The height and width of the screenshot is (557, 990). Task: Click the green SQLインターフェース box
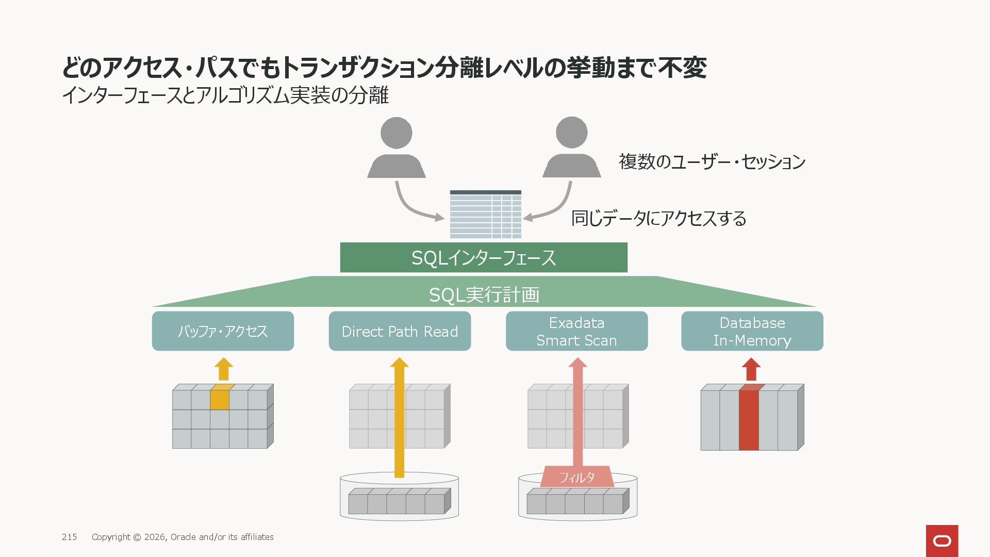483,257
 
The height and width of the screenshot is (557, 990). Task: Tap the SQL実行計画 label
484,295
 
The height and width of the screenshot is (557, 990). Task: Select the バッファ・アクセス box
223,331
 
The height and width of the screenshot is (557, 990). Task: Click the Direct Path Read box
400,331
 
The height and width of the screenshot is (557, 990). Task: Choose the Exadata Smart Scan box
576,331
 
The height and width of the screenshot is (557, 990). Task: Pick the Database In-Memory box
752,331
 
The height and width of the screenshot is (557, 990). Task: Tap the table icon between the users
485,214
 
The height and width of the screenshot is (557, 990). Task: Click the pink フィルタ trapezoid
577,477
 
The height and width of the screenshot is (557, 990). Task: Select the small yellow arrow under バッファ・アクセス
223,369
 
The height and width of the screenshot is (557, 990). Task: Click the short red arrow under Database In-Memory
751,369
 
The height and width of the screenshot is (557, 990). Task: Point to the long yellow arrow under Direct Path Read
399,418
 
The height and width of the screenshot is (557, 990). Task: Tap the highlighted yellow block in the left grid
220,398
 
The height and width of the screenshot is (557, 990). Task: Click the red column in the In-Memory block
749,419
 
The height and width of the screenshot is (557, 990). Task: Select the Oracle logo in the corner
942,540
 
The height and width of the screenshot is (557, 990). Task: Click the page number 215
69,537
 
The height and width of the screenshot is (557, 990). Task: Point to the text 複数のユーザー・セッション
712,162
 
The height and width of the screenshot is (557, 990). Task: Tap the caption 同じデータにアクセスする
658,219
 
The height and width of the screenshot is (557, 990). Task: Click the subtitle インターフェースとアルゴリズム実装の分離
225,95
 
